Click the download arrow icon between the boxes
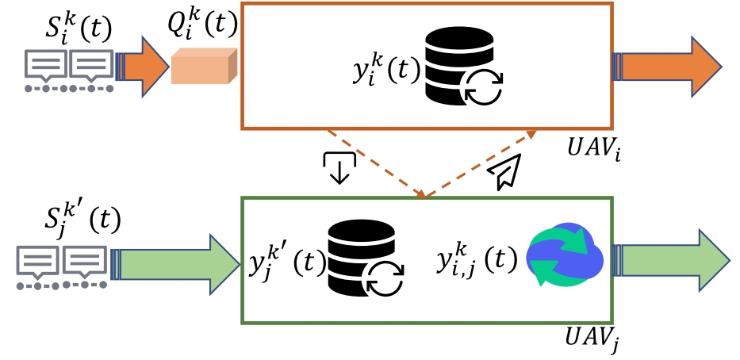click(x=339, y=167)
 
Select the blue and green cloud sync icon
click(x=564, y=256)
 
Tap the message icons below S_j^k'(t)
click(x=62, y=266)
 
